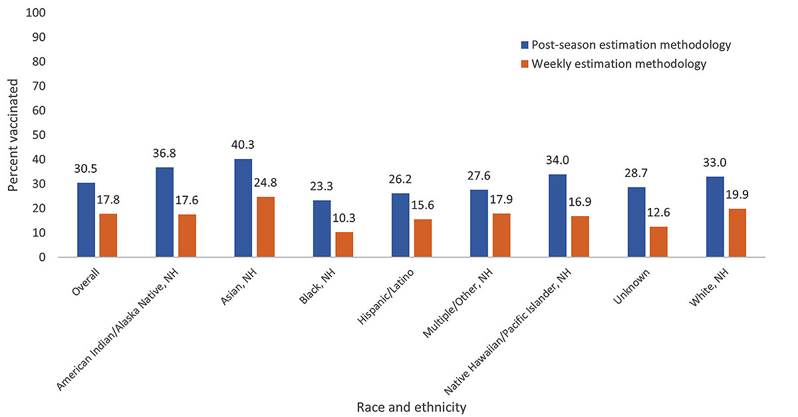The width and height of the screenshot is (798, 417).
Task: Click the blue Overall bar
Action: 86,220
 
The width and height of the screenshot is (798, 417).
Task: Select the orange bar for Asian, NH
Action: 265,227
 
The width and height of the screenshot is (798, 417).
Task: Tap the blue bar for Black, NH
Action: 322,229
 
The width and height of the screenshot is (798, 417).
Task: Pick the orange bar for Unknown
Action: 658,241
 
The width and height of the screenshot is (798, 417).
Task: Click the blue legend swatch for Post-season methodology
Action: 524,45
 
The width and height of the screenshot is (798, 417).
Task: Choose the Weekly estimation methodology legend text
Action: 618,64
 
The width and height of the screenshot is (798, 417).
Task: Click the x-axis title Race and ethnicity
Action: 411,406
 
